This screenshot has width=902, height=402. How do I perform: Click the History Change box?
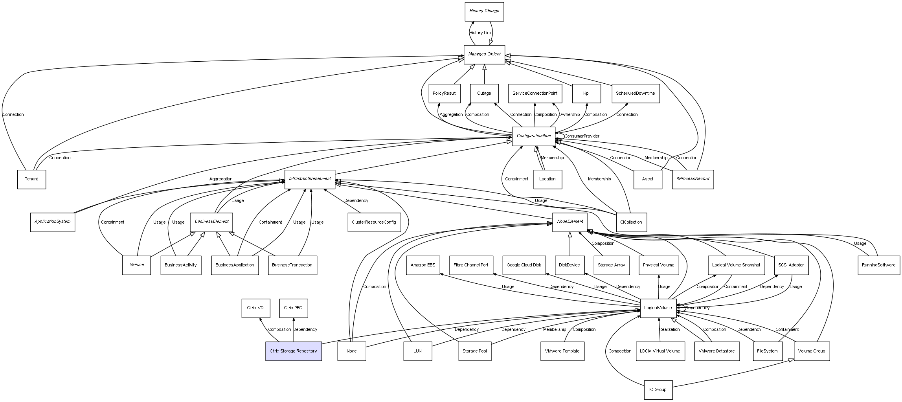(484, 12)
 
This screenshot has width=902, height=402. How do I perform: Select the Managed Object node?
(484, 55)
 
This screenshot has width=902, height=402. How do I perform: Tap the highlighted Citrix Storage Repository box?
(294, 351)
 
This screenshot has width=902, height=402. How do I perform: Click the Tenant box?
(31, 179)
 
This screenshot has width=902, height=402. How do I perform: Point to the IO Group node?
(658, 390)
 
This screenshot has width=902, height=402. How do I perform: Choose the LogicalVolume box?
(658, 308)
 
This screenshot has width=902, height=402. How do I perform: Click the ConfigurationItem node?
(534, 136)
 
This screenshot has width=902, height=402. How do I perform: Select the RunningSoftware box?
(879, 265)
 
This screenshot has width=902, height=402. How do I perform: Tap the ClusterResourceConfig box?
(374, 222)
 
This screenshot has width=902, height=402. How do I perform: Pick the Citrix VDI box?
(256, 308)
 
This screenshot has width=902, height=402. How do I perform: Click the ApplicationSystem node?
(53, 222)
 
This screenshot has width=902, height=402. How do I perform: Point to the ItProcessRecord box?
(693, 179)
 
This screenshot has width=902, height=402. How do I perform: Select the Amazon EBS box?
(423, 265)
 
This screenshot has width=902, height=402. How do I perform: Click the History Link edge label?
(480, 33)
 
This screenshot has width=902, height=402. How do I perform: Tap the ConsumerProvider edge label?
(582, 136)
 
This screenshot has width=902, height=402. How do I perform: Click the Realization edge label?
(669, 329)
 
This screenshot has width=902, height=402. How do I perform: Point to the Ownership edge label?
(569, 114)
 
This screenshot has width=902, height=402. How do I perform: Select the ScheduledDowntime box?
(636, 94)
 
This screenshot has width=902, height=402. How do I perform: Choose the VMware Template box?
(562, 351)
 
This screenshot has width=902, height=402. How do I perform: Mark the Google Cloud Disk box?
(524, 265)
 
